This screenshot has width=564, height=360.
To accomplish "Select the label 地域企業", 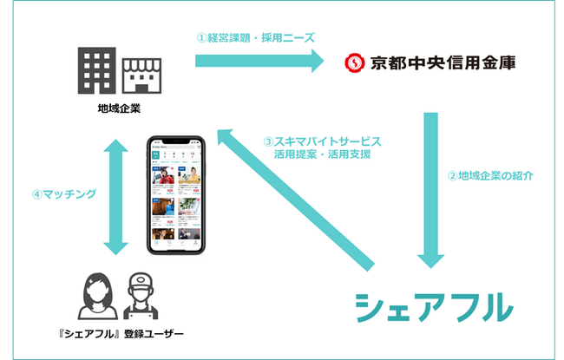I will click(x=119, y=110).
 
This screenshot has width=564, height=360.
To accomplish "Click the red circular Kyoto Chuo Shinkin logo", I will click(x=353, y=62).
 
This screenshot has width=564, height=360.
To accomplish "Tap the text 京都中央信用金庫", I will click(x=438, y=62).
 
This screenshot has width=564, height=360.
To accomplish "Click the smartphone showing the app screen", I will click(x=177, y=195).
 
